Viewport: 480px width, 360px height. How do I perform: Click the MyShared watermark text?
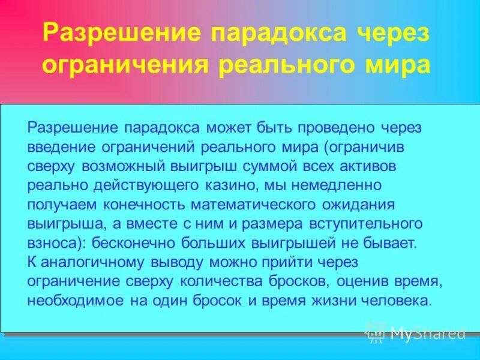click(427, 332)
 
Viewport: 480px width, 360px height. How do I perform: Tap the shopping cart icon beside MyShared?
click(376, 332)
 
